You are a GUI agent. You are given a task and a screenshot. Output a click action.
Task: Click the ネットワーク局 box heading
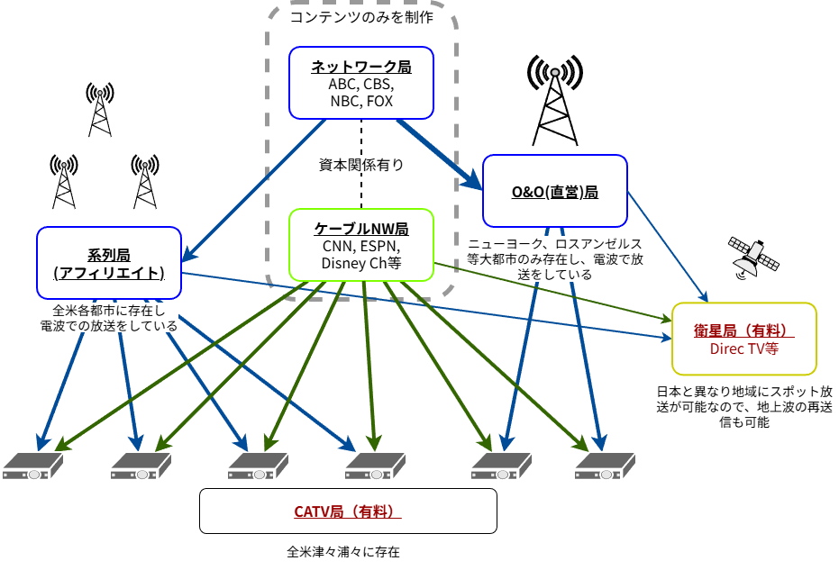tap(360, 67)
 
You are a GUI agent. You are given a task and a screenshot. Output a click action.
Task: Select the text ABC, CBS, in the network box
tap(361, 84)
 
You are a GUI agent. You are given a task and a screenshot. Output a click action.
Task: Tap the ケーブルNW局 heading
tap(361, 229)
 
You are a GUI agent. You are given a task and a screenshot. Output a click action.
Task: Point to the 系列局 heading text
tap(109, 256)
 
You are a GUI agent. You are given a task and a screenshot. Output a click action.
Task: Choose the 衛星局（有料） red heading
tap(743, 330)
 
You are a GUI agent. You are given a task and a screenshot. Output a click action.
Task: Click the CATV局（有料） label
tap(347, 511)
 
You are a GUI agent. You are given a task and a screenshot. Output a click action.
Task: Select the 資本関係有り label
tap(361, 165)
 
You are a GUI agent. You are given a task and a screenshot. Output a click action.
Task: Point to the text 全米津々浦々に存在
tap(343, 551)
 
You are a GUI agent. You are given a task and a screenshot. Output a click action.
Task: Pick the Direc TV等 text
tap(743, 348)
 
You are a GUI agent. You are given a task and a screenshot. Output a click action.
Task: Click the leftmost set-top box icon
tap(32, 466)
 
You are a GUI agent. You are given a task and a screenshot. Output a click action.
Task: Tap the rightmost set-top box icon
tap(606, 466)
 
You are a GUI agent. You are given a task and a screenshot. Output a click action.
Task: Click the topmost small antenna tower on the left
tap(100, 110)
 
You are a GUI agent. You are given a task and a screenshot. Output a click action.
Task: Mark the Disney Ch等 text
tap(361, 263)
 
